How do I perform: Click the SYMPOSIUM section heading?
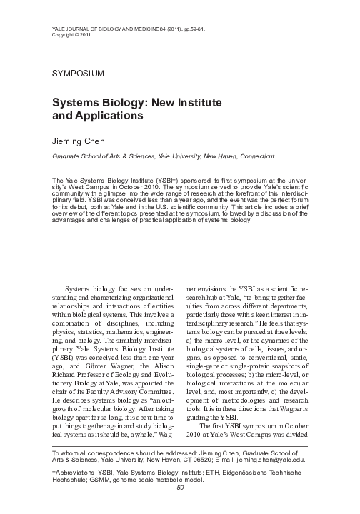click(79, 74)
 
